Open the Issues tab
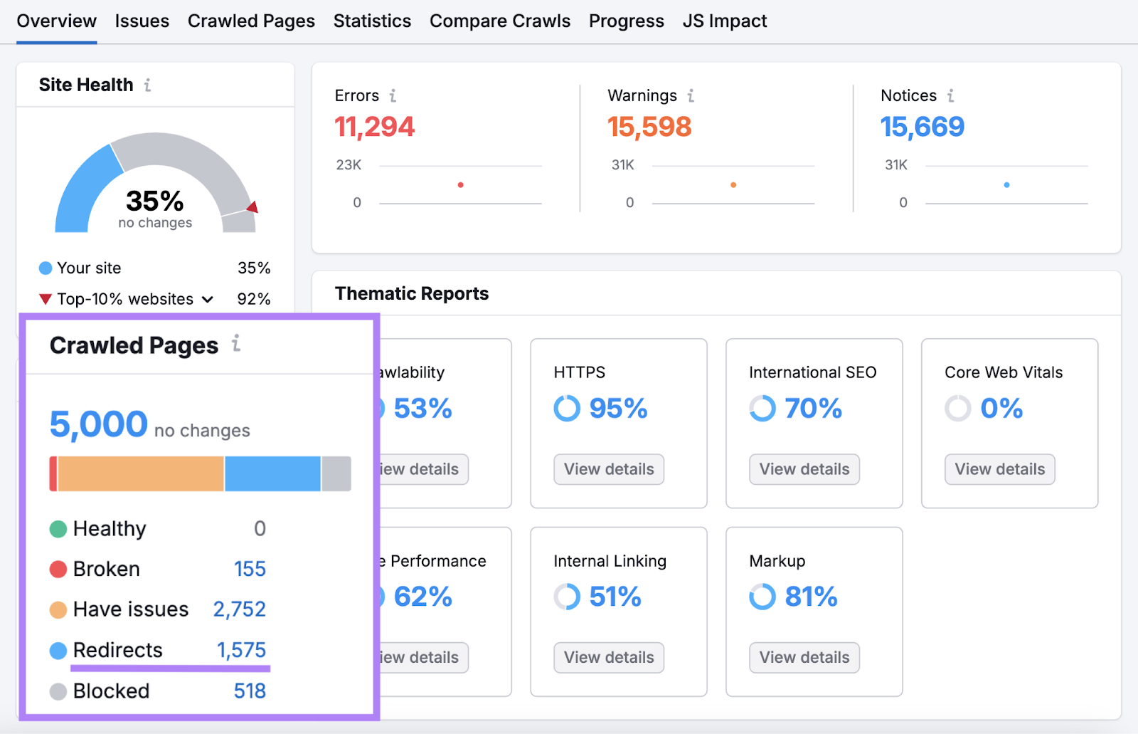[x=142, y=21]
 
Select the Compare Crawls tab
[x=499, y=21]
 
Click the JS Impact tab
[x=724, y=21]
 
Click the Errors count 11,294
[x=374, y=127]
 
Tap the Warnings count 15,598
[x=649, y=127]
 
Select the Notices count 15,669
[x=922, y=127]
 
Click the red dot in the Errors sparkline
[x=461, y=185]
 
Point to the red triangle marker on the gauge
[x=252, y=207]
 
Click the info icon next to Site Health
[x=148, y=85]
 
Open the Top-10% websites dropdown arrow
[x=208, y=300]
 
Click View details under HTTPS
[x=608, y=469]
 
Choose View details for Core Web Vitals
[x=999, y=469]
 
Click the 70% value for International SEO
[x=813, y=409]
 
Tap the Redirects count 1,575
[x=241, y=650]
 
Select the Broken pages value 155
[x=250, y=569]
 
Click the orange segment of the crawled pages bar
[x=141, y=474]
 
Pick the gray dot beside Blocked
[x=58, y=691]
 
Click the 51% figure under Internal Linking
[x=615, y=597]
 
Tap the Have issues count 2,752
[x=239, y=609]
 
